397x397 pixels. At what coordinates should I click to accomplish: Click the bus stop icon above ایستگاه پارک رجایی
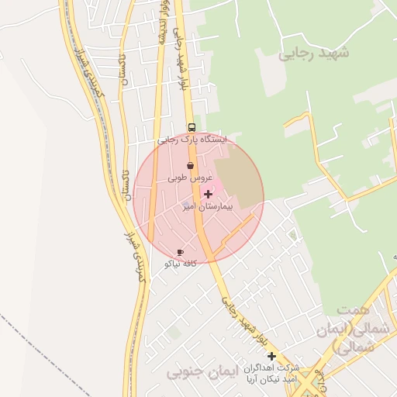[x=191, y=127]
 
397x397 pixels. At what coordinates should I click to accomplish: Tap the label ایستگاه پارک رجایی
[x=194, y=140]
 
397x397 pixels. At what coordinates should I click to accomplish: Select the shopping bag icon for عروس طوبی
[x=191, y=165]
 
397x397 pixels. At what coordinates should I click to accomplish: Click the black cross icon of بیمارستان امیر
[x=207, y=194]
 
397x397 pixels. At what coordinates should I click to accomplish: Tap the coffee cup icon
[x=181, y=252]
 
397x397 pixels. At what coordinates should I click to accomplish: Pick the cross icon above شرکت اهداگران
[x=272, y=355]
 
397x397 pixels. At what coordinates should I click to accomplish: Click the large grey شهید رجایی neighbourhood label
[x=314, y=53]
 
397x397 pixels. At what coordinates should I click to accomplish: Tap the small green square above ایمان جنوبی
[x=175, y=333]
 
